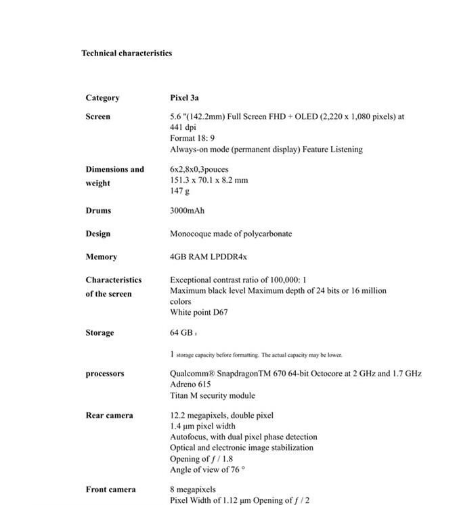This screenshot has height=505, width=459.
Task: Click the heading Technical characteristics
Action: [127, 53]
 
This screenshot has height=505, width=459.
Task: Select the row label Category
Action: [102, 97]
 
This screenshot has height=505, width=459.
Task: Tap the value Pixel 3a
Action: [184, 97]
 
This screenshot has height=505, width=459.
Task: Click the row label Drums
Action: [98, 211]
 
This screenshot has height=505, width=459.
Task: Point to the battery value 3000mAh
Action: [187, 211]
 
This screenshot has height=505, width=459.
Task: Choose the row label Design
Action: [97, 234]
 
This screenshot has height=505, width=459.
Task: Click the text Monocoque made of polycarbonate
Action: [231, 234]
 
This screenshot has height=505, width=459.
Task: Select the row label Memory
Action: [101, 257]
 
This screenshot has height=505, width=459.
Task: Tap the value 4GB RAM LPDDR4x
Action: [209, 257]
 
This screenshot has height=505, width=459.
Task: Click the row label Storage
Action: [100, 332]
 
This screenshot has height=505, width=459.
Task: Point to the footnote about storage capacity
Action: [256, 355]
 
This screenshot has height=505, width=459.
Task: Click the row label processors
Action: [105, 374]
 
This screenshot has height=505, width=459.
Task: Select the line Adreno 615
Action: [190, 385]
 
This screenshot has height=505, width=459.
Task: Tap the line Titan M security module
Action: [213, 395]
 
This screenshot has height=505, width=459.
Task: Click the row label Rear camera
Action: [109, 415]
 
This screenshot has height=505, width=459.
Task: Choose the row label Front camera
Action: [110, 489]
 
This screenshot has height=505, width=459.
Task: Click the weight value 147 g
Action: [179, 192]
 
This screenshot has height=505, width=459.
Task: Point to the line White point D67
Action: [199, 312]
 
